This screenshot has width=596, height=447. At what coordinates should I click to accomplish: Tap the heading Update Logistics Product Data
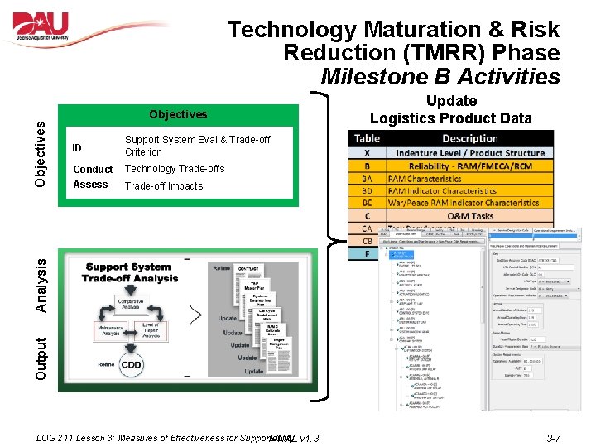450,109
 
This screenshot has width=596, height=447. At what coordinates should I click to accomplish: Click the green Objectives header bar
178,114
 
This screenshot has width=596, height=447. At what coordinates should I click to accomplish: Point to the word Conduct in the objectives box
93,169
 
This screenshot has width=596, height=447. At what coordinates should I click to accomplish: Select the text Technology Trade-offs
174,169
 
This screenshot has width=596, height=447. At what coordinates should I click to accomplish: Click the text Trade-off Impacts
163,185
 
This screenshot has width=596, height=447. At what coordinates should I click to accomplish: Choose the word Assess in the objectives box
90,185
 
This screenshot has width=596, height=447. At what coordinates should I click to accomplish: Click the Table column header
366,138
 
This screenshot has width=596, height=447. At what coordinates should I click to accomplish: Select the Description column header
469,138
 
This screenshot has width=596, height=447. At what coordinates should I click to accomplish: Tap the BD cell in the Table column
366,190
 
